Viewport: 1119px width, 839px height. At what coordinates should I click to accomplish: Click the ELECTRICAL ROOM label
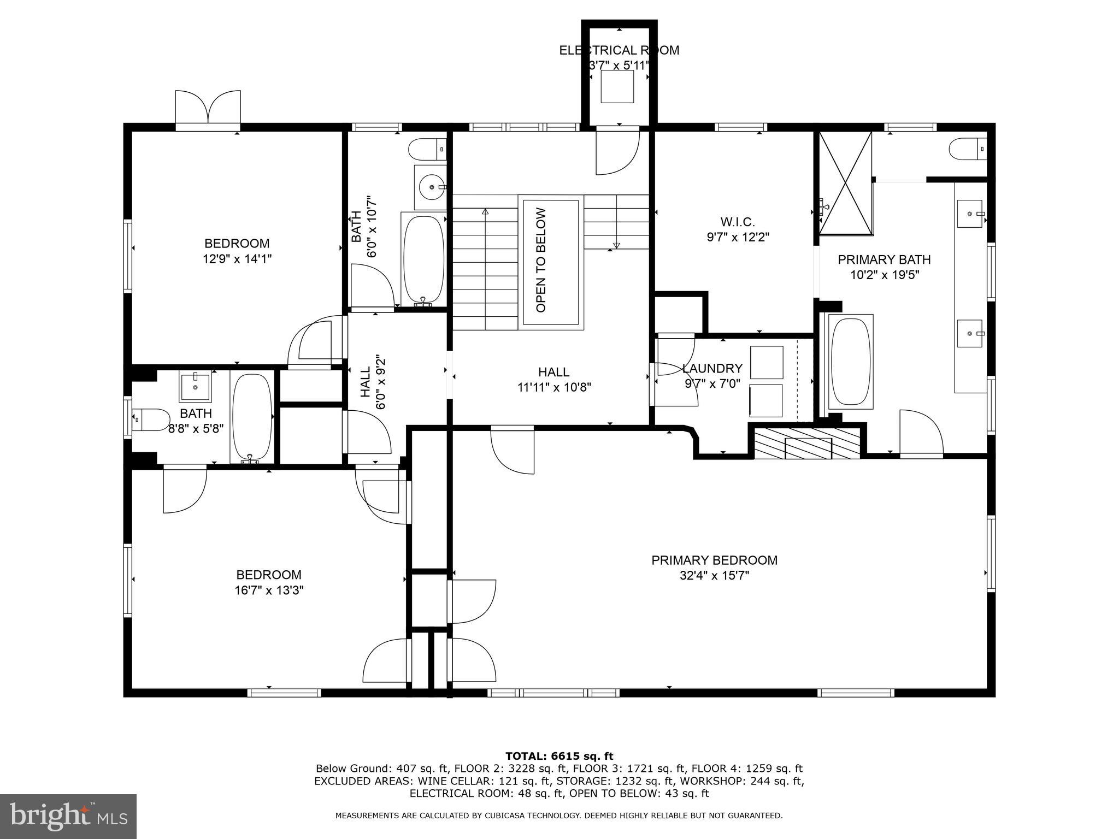tap(619, 50)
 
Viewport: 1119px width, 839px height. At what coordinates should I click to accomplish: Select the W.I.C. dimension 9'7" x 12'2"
tap(738, 237)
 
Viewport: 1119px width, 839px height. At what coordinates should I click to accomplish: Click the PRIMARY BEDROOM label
tap(714, 560)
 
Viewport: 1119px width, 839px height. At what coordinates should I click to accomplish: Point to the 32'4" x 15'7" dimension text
tap(714, 575)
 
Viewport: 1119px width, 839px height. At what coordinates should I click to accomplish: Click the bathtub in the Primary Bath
tap(850, 362)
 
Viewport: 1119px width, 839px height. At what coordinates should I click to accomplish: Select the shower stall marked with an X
tap(845, 184)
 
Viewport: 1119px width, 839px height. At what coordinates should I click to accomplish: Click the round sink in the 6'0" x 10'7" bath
tap(432, 187)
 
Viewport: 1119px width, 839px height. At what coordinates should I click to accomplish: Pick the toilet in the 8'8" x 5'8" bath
tap(150, 419)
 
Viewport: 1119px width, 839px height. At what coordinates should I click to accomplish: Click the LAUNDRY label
tap(712, 368)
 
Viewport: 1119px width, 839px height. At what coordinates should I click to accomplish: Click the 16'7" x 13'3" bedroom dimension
tap(268, 590)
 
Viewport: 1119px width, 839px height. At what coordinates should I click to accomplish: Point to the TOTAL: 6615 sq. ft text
tap(559, 756)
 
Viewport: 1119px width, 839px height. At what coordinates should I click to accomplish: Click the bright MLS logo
tap(68, 816)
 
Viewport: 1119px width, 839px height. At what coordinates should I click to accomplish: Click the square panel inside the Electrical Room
tap(617, 86)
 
